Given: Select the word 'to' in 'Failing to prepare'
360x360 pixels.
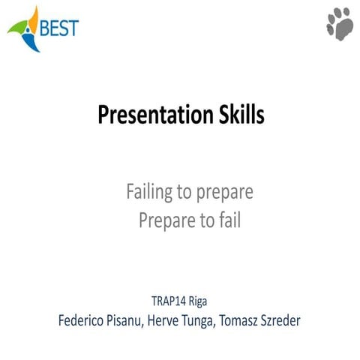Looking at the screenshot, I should click(x=184, y=193).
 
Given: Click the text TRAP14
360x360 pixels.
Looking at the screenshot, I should click(x=169, y=303).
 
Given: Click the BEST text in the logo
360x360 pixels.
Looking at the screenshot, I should click(x=58, y=28).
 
